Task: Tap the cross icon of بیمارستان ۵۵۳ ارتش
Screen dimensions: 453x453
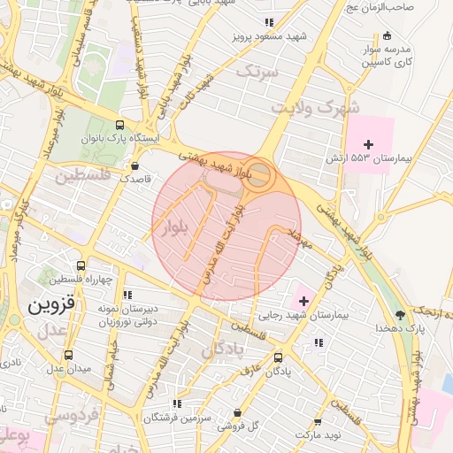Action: (x=368, y=144)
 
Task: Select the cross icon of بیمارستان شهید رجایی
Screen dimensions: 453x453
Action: (x=304, y=302)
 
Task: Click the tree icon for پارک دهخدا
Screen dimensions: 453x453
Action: (x=401, y=314)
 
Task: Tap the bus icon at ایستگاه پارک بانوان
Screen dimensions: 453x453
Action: (x=120, y=126)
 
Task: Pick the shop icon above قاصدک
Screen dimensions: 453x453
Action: (x=134, y=165)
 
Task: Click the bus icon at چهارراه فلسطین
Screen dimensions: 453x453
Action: (x=81, y=265)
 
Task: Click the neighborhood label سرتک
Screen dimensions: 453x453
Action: (x=263, y=70)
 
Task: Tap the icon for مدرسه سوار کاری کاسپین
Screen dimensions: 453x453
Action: (x=387, y=36)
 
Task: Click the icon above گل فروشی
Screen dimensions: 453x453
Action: (x=237, y=413)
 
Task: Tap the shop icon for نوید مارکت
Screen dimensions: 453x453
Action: (x=317, y=422)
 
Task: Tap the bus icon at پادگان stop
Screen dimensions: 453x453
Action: (x=280, y=358)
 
